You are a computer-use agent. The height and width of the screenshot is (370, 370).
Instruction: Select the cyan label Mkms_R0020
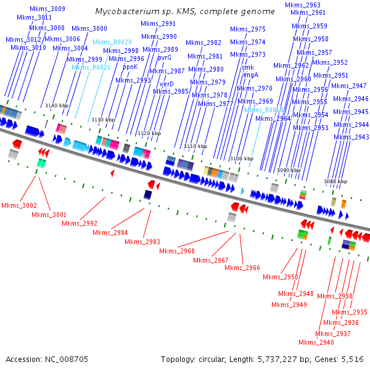[x=112, y=42]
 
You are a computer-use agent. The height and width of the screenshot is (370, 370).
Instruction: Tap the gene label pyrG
[x=165, y=57]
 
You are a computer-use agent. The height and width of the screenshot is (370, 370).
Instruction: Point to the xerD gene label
[x=166, y=83]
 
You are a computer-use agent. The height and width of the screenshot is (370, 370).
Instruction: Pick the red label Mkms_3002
[x=18, y=205]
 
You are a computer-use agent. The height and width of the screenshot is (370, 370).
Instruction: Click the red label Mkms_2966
[x=242, y=268]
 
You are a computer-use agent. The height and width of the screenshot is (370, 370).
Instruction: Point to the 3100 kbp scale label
[x=241, y=159]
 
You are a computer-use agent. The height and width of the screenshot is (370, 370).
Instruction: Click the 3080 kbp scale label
[x=335, y=181]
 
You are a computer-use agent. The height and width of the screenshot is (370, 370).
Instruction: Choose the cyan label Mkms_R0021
[x=91, y=67]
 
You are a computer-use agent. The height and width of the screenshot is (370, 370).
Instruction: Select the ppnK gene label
[x=130, y=67]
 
